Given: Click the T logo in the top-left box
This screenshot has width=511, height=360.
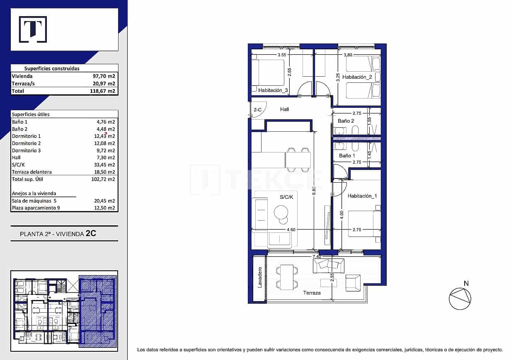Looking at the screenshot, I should tap(33, 29).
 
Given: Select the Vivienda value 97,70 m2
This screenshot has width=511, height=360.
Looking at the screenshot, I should tap(103, 76).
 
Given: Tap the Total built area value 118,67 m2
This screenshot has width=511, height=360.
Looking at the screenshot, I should tap(103, 91).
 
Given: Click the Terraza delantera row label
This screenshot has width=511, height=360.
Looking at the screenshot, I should tap(32, 172).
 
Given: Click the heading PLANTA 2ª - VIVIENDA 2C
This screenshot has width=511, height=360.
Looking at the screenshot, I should tap(58, 234).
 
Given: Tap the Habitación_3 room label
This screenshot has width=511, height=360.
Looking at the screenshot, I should tap(273, 90).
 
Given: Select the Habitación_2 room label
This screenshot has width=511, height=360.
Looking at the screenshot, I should tap(360, 77).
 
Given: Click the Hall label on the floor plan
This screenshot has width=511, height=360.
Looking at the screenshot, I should tap(284, 109).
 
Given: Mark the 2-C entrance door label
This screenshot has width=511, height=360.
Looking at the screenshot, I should tap(257, 110).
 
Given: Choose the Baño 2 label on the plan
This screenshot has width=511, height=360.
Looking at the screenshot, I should tap(346, 121).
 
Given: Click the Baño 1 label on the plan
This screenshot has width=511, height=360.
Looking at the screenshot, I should tap(347, 156).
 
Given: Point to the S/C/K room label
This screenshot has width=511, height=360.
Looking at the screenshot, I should tap(287, 198).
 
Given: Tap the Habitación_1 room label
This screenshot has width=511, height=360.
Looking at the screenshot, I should tap(362, 196).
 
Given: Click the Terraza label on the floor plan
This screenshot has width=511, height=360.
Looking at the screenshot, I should tap(312, 292).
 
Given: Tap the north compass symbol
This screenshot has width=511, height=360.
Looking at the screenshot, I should tap(460, 298).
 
